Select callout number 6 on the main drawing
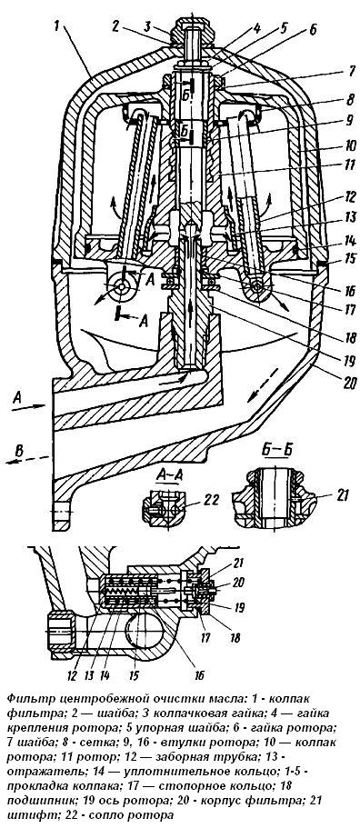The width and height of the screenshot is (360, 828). pos(313,31)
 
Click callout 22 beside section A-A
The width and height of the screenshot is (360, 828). pos(213,500)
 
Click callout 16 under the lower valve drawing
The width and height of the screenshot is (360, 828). pos(198,675)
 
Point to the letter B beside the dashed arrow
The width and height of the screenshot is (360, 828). pos(19,450)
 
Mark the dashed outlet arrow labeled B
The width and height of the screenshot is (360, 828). pos(28,459)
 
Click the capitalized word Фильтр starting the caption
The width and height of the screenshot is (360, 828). pos(26,699)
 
